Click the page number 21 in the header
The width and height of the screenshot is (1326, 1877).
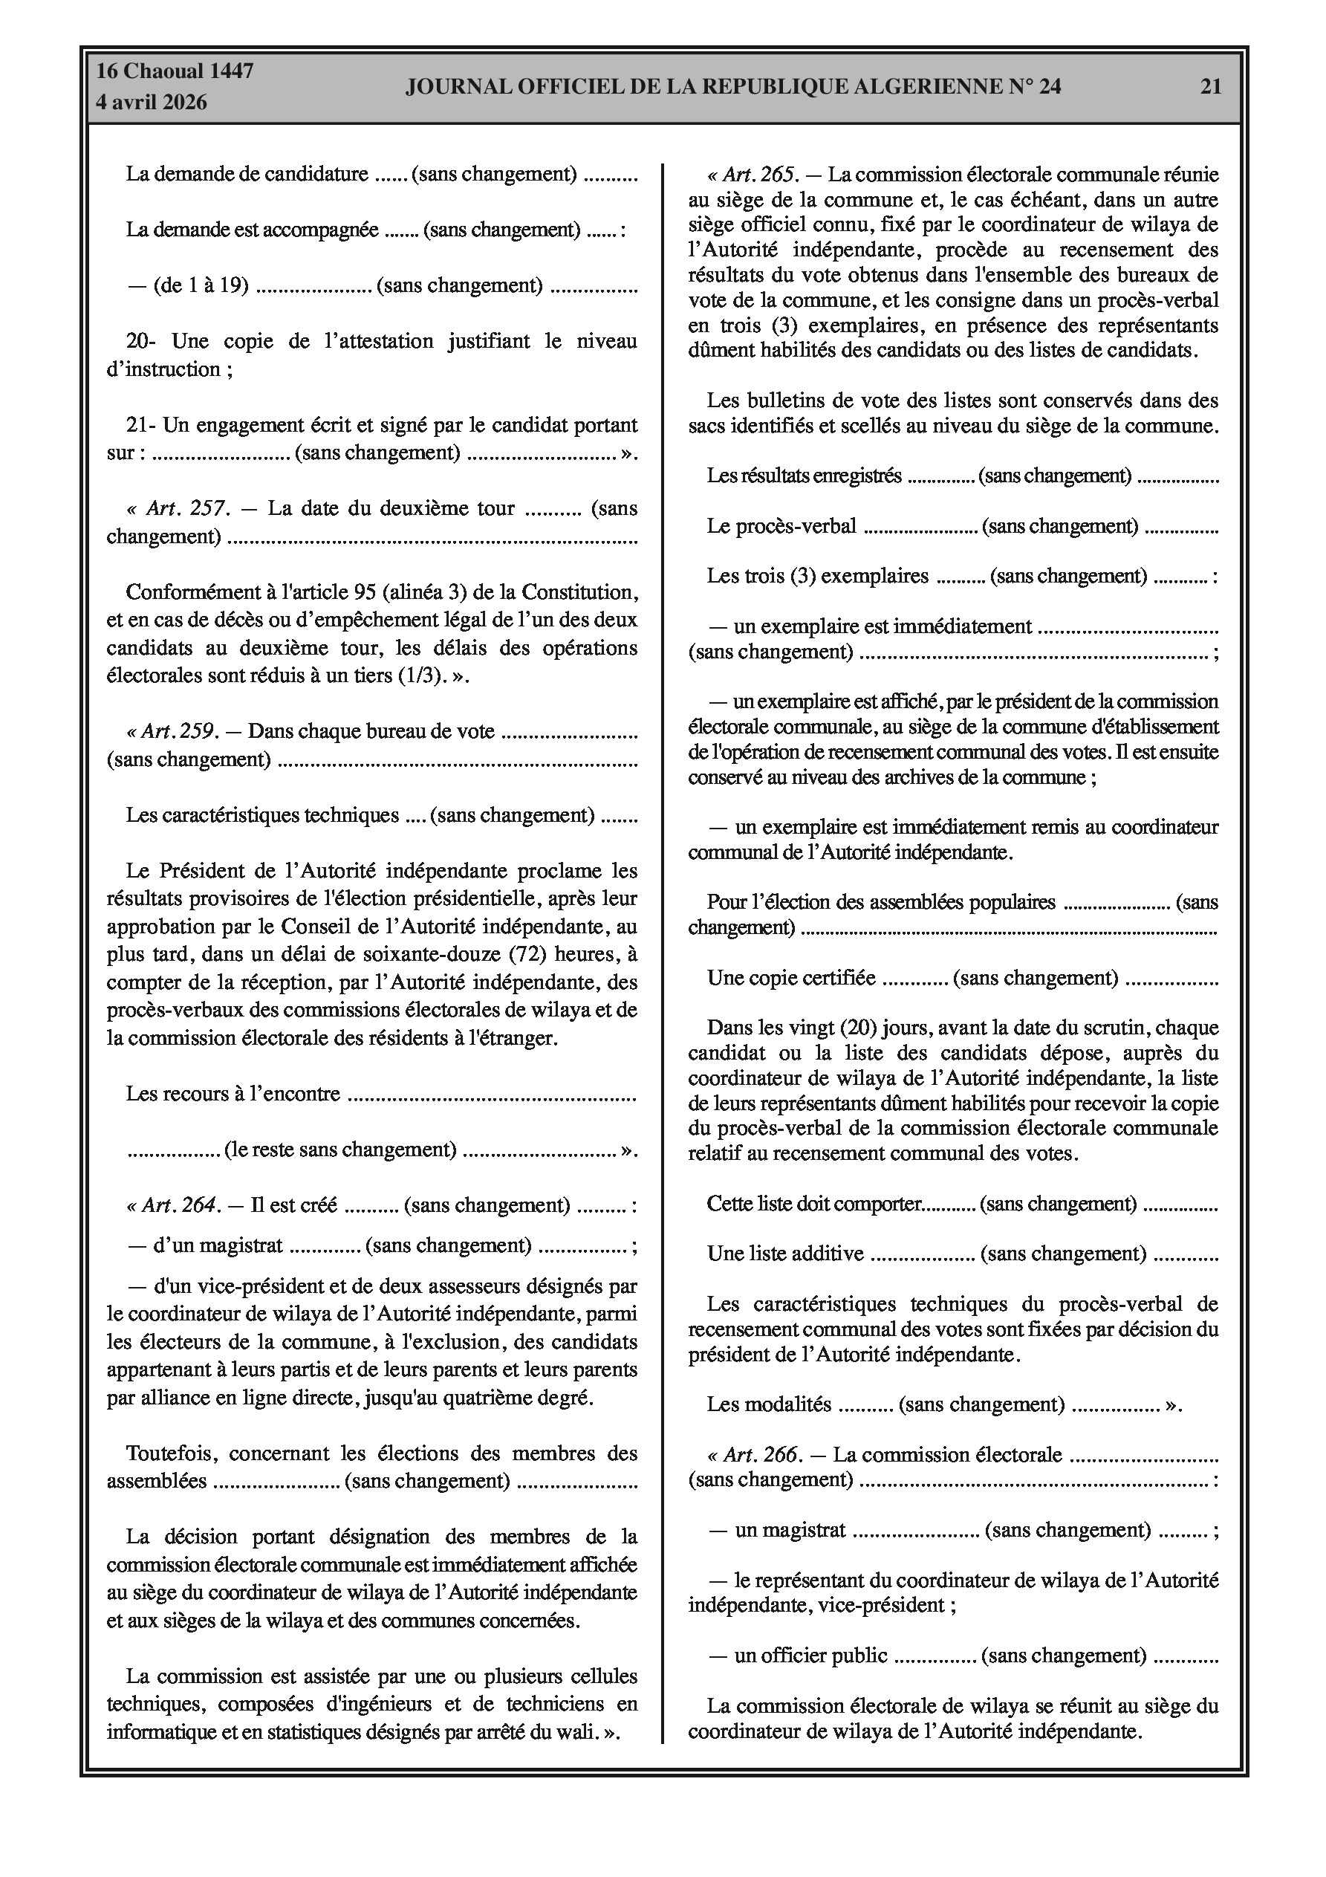[1210, 87]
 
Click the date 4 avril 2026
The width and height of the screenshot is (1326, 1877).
[152, 103]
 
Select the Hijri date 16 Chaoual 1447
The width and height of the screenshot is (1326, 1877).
[175, 71]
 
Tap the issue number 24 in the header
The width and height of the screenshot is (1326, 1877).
[1049, 87]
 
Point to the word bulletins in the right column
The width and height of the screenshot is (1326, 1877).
[781, 401]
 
